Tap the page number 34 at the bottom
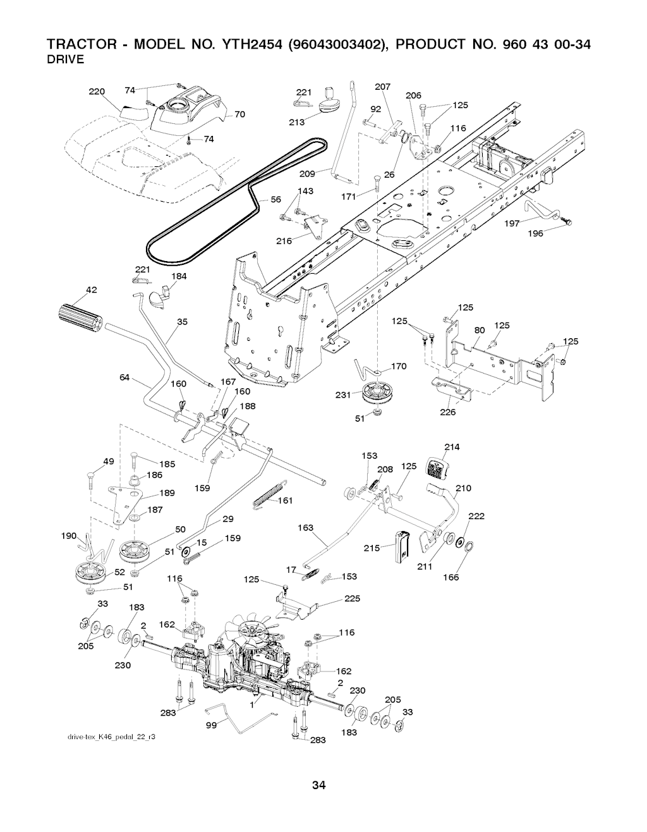click(318, 786)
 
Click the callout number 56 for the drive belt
click(275, 200)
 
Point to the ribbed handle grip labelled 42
click(80, 316)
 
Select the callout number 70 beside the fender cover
click(239, 114)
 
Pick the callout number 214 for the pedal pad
click(452, 448)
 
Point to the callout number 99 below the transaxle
click(212, 725)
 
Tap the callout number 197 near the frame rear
click(512, 223)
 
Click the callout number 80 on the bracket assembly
click(480, 329)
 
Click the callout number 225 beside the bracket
click(353, 599)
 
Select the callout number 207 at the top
click(383, 87)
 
